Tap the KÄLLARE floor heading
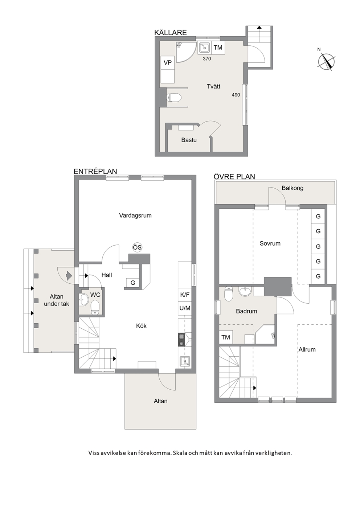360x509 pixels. [171, 33]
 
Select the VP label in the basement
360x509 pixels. [168, 62]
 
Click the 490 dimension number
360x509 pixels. [236, 95]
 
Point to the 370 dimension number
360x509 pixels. [207, 59]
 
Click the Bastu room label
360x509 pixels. [189, 140]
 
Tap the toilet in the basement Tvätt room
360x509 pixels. [173, 98]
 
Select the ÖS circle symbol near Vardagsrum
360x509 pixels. [137, 247]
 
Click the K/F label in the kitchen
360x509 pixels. [185, 295]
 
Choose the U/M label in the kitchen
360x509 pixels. [185, 308]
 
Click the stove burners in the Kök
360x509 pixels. [181, 340]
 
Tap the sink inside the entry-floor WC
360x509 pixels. [83, 300]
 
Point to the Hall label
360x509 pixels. [107, 275]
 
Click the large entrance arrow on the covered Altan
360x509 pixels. [69, 276]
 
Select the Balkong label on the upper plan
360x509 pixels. [292, 188]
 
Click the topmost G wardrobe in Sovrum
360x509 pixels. [318, 216]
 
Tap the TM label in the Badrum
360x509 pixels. [226, 337]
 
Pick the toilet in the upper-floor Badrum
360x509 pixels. [228, 294]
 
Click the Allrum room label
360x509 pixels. [307, 349]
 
